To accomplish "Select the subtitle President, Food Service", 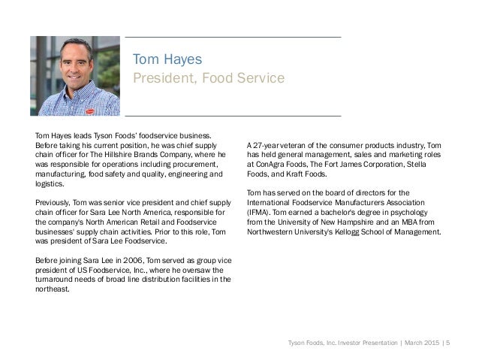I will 208,77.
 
